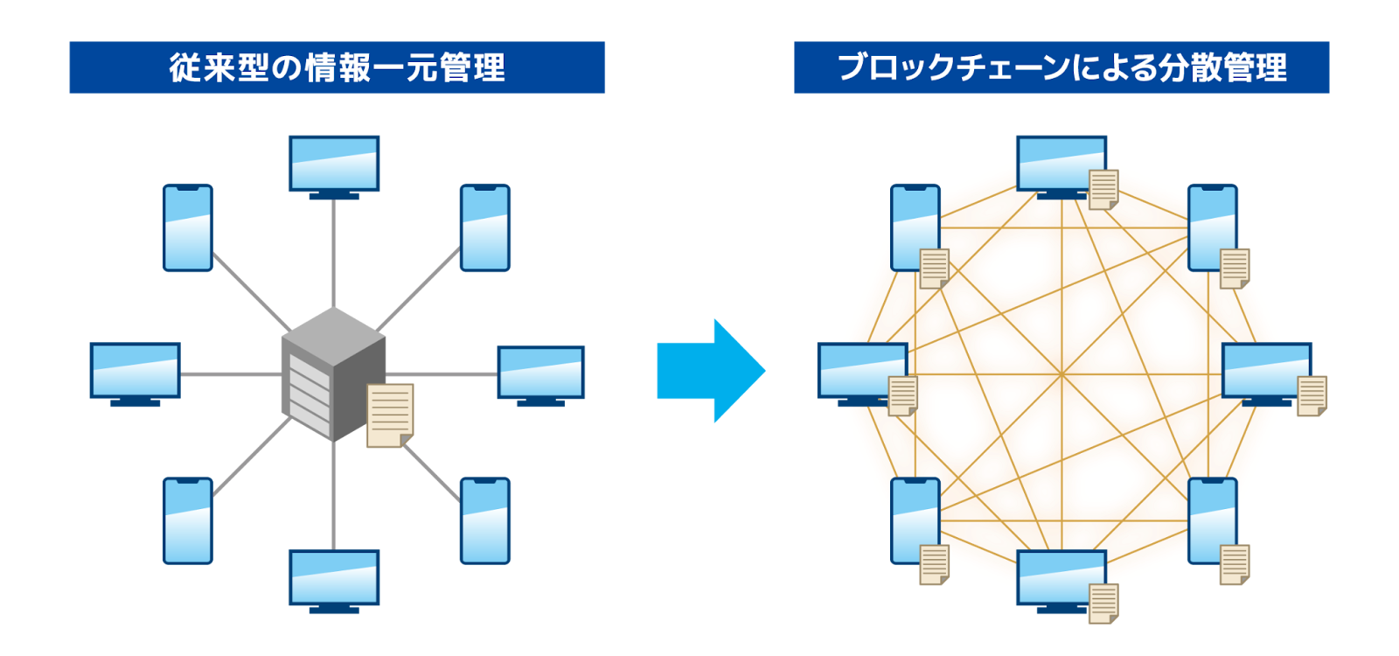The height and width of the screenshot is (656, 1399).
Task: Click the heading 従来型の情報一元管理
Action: [337, 67]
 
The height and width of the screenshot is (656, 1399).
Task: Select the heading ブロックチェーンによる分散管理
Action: [1061, 67]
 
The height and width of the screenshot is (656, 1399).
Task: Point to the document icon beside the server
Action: [390, 415]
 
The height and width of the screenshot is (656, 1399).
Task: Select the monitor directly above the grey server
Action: [334, 164]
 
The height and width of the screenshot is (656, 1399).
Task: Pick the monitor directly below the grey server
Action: [334, 579]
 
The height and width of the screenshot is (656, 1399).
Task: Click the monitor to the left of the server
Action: [135, 372]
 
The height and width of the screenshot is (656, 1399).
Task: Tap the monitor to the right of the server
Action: [541, 373]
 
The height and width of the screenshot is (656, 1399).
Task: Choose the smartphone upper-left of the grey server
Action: [188, 227]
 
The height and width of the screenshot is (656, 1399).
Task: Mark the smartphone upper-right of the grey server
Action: [485, 227]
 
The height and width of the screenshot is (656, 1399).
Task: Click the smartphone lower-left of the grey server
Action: [188, 520]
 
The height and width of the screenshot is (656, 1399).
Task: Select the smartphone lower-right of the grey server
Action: [485, 520]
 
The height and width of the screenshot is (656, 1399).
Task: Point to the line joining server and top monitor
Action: [334, 254]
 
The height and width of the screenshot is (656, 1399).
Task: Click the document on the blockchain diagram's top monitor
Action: [1103, 189]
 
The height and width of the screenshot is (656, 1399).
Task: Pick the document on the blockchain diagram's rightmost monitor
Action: [1312, 395]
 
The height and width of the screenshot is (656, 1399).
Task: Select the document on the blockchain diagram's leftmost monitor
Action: [902, 395]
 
